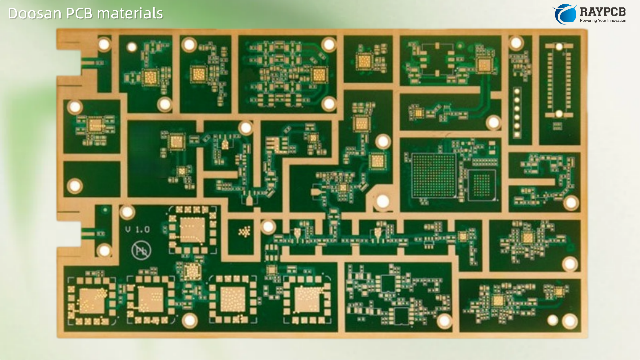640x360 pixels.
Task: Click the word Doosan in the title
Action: click(x=35, y=14)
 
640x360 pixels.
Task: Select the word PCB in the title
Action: click(x=80, y=14)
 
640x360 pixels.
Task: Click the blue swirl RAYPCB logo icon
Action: click(x=564, y=14)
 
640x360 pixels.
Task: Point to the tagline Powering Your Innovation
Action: click(x=603, y=21)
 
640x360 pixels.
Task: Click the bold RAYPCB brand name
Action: click(x=603, y=12)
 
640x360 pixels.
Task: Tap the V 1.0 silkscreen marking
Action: click(x=137, y=229)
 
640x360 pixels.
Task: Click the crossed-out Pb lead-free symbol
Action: click(x=141, y=251)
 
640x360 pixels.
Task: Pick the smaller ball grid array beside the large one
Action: click(x=482, y=185)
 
